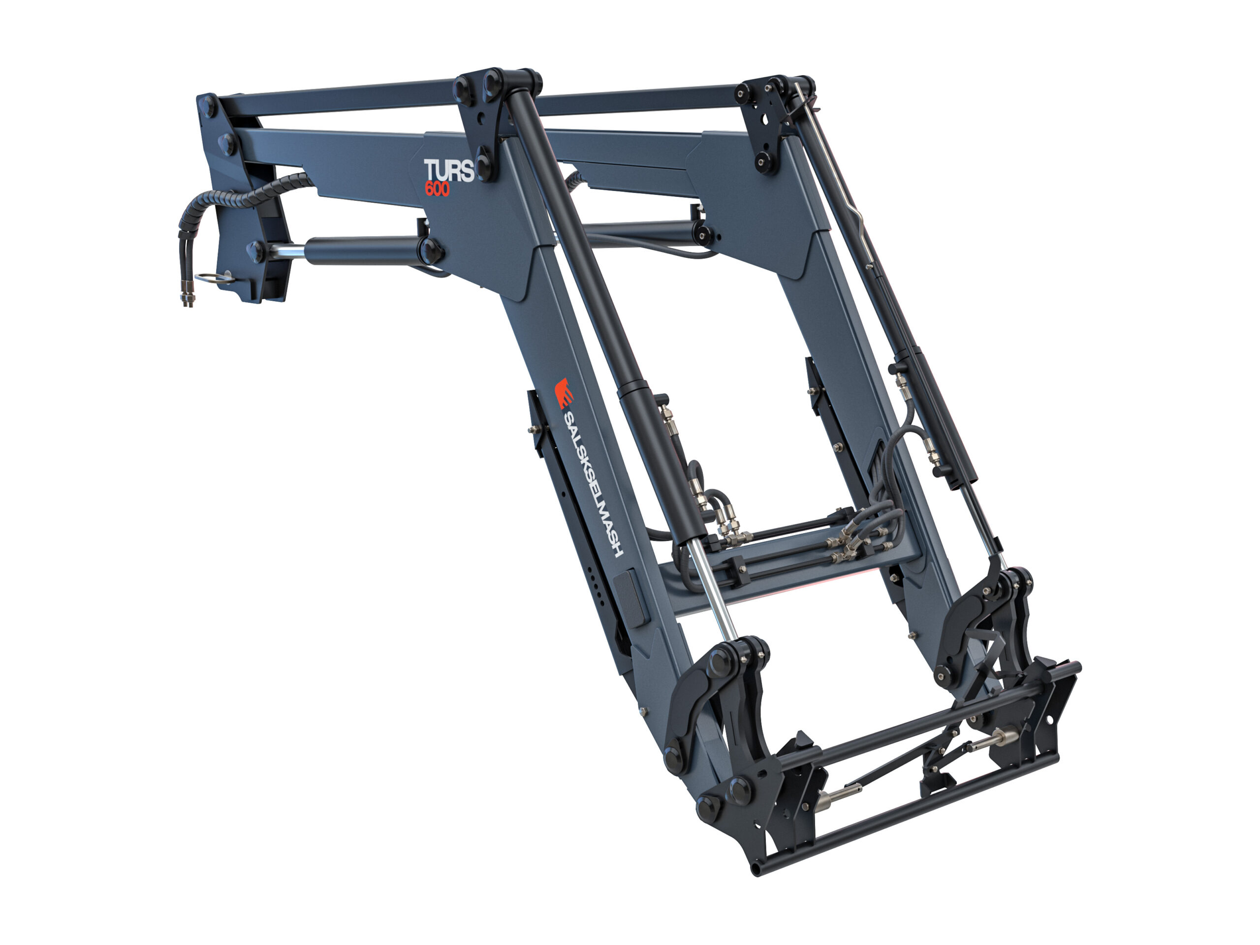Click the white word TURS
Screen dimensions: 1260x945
coord(448,170)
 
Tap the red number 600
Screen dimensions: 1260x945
coord(437,189)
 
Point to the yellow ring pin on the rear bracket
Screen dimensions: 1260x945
coord(214,278)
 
